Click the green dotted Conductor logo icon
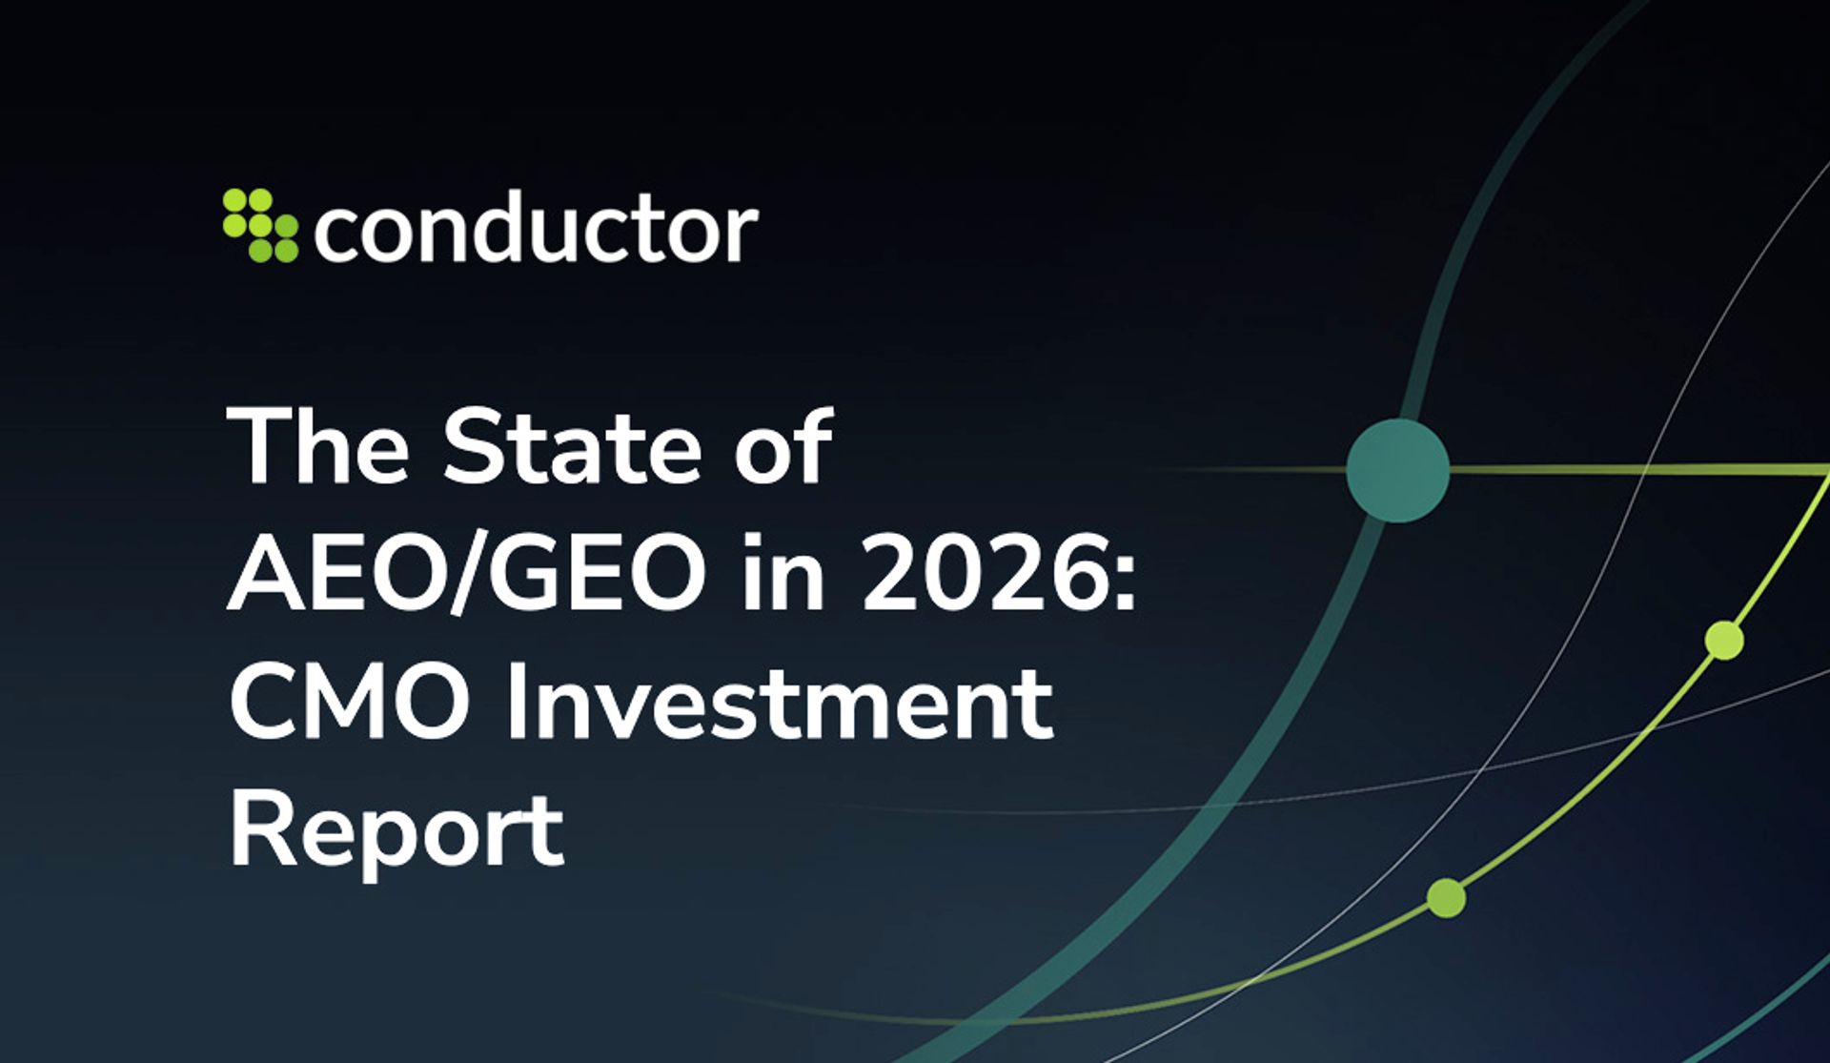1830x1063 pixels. tap(259, 225)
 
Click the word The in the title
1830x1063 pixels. tap(317, 447)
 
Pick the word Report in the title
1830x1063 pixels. tap(396, 831)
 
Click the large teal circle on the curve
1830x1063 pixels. tap(1397, 470)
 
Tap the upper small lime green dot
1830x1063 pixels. tap(1723, 640)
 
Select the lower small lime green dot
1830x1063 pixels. tap(1446, 898)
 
